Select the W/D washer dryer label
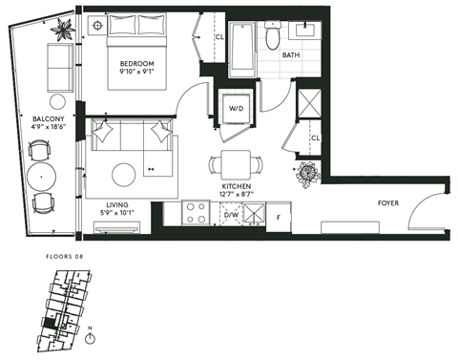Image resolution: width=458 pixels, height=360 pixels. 235,107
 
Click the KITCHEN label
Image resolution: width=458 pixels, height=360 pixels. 236,186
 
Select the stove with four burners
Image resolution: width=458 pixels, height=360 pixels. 196,211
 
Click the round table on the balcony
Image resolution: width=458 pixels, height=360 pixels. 40,176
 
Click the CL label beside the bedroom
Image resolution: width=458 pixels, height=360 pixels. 219,37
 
